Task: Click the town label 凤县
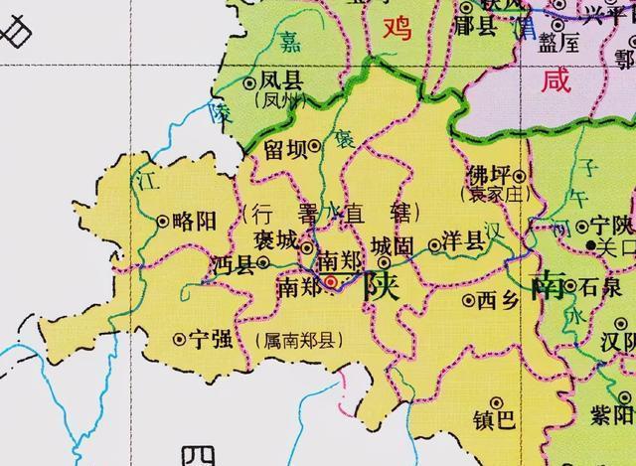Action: (282, 81)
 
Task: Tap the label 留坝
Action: (284, 147)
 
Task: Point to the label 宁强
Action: (211, 339)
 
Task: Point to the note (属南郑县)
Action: (299, 339)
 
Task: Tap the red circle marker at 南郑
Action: (332, 282)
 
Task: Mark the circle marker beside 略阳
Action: (164, 221)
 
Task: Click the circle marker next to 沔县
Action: (263, 263)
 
